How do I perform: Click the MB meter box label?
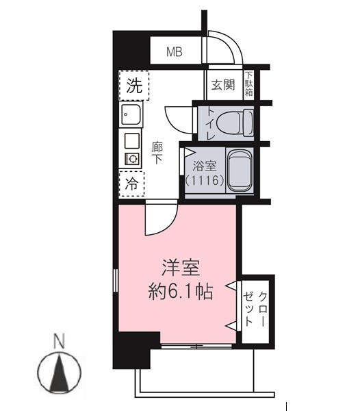tap(175, 52)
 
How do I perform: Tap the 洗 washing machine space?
tap(134, 86)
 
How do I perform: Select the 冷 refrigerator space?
tap(131, 184)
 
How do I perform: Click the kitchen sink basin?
tap(131, 114)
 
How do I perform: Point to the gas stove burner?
tap(132, 160)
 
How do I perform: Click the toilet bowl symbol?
tap(235, 123)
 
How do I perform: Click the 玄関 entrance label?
tap(223, 85)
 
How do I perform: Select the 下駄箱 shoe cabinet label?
tap(249, 84)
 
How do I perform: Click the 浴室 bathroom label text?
tap(205, 166)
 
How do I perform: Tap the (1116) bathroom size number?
tap(205, 181)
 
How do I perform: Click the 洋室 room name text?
tap(181, 268)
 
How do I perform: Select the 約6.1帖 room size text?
tap(181, 291)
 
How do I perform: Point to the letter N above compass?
tap(59, 341)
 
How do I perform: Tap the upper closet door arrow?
tap(231, 286)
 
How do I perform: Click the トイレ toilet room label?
tap(211, 123)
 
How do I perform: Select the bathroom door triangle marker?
tap(189, 153)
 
